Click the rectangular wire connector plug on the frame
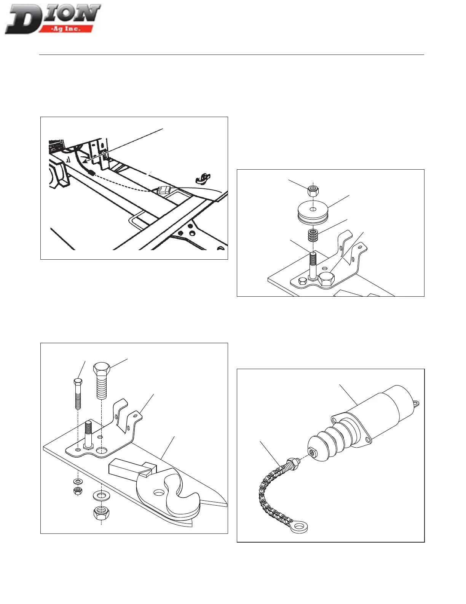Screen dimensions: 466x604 coord(164,190)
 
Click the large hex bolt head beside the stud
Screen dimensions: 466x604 coord(326,280)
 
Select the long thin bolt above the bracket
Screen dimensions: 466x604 coord(78,393)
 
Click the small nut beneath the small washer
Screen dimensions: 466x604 coord(78,491)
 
